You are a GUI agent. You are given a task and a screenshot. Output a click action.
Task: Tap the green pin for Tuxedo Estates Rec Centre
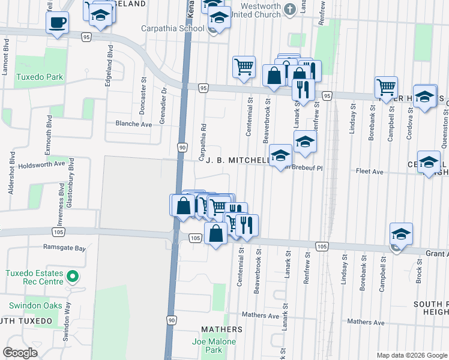(x=73, y=277)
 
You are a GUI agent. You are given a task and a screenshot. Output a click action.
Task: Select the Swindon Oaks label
(x=35, y=305)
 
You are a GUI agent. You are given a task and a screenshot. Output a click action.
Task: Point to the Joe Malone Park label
(x=214, y=346)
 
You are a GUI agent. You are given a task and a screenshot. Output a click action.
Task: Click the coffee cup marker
(x=58, y=23)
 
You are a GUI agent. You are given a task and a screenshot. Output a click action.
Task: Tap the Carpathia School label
(x=172, y=28)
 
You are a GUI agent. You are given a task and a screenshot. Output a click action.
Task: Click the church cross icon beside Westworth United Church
(x=290, y=8)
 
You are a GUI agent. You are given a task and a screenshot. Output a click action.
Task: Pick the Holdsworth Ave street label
(x=41, y=163)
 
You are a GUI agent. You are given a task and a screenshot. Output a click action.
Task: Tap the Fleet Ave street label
(x=370, y=172)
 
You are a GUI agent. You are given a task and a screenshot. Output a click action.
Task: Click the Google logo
(x=20, y=353)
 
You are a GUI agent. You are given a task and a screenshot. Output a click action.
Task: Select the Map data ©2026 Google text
(x=411, y=355)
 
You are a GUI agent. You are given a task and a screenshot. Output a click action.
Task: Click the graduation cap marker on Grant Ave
(x=401, y=234)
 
